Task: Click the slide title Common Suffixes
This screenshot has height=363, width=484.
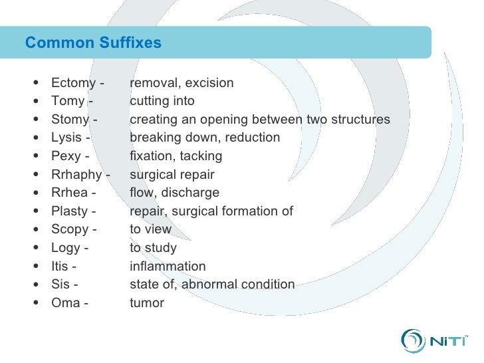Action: coord(93,43)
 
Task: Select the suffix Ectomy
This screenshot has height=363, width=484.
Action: coord(74,83)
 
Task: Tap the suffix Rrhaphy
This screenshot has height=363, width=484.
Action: coord(76,175)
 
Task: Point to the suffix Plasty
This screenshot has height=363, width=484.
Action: coord(70,211)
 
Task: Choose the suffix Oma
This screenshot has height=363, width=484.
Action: coord(65,303)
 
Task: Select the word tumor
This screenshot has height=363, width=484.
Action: coord(146,303)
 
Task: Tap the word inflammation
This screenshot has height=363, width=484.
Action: coord(168,267)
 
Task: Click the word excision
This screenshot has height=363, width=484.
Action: coord(209,83)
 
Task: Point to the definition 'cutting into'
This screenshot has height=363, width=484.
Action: coord(162,102)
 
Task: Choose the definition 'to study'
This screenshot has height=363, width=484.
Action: coord(153,248)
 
